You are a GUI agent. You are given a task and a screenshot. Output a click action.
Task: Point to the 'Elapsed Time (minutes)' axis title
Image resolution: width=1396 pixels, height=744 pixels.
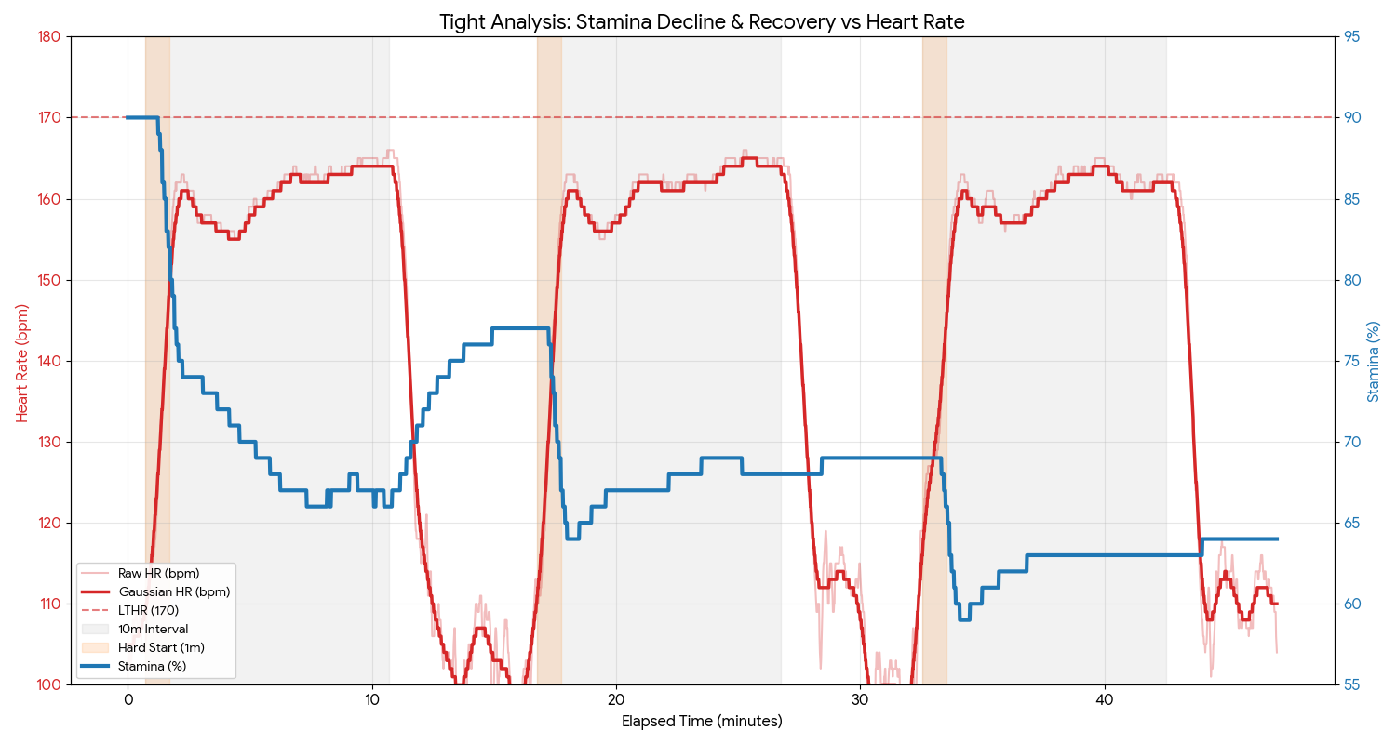702,722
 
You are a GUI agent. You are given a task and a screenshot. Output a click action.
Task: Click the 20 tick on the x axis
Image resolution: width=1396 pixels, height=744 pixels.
616,699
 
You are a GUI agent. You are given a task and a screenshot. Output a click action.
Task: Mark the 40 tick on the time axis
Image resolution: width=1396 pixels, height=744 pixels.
1105,699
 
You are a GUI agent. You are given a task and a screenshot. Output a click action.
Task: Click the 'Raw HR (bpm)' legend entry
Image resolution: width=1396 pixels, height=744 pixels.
158,573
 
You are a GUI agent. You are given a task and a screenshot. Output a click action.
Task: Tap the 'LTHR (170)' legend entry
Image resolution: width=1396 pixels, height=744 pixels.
148,610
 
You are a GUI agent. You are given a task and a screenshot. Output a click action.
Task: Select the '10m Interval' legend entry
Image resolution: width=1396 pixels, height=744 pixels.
153,629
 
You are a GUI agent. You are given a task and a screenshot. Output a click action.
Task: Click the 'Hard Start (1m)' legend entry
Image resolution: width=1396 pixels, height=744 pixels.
161,647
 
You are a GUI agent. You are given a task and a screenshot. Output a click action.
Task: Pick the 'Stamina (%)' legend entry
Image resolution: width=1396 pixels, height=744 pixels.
152,666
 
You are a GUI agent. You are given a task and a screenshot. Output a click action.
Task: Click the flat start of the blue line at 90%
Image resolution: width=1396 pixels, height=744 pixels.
141,117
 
